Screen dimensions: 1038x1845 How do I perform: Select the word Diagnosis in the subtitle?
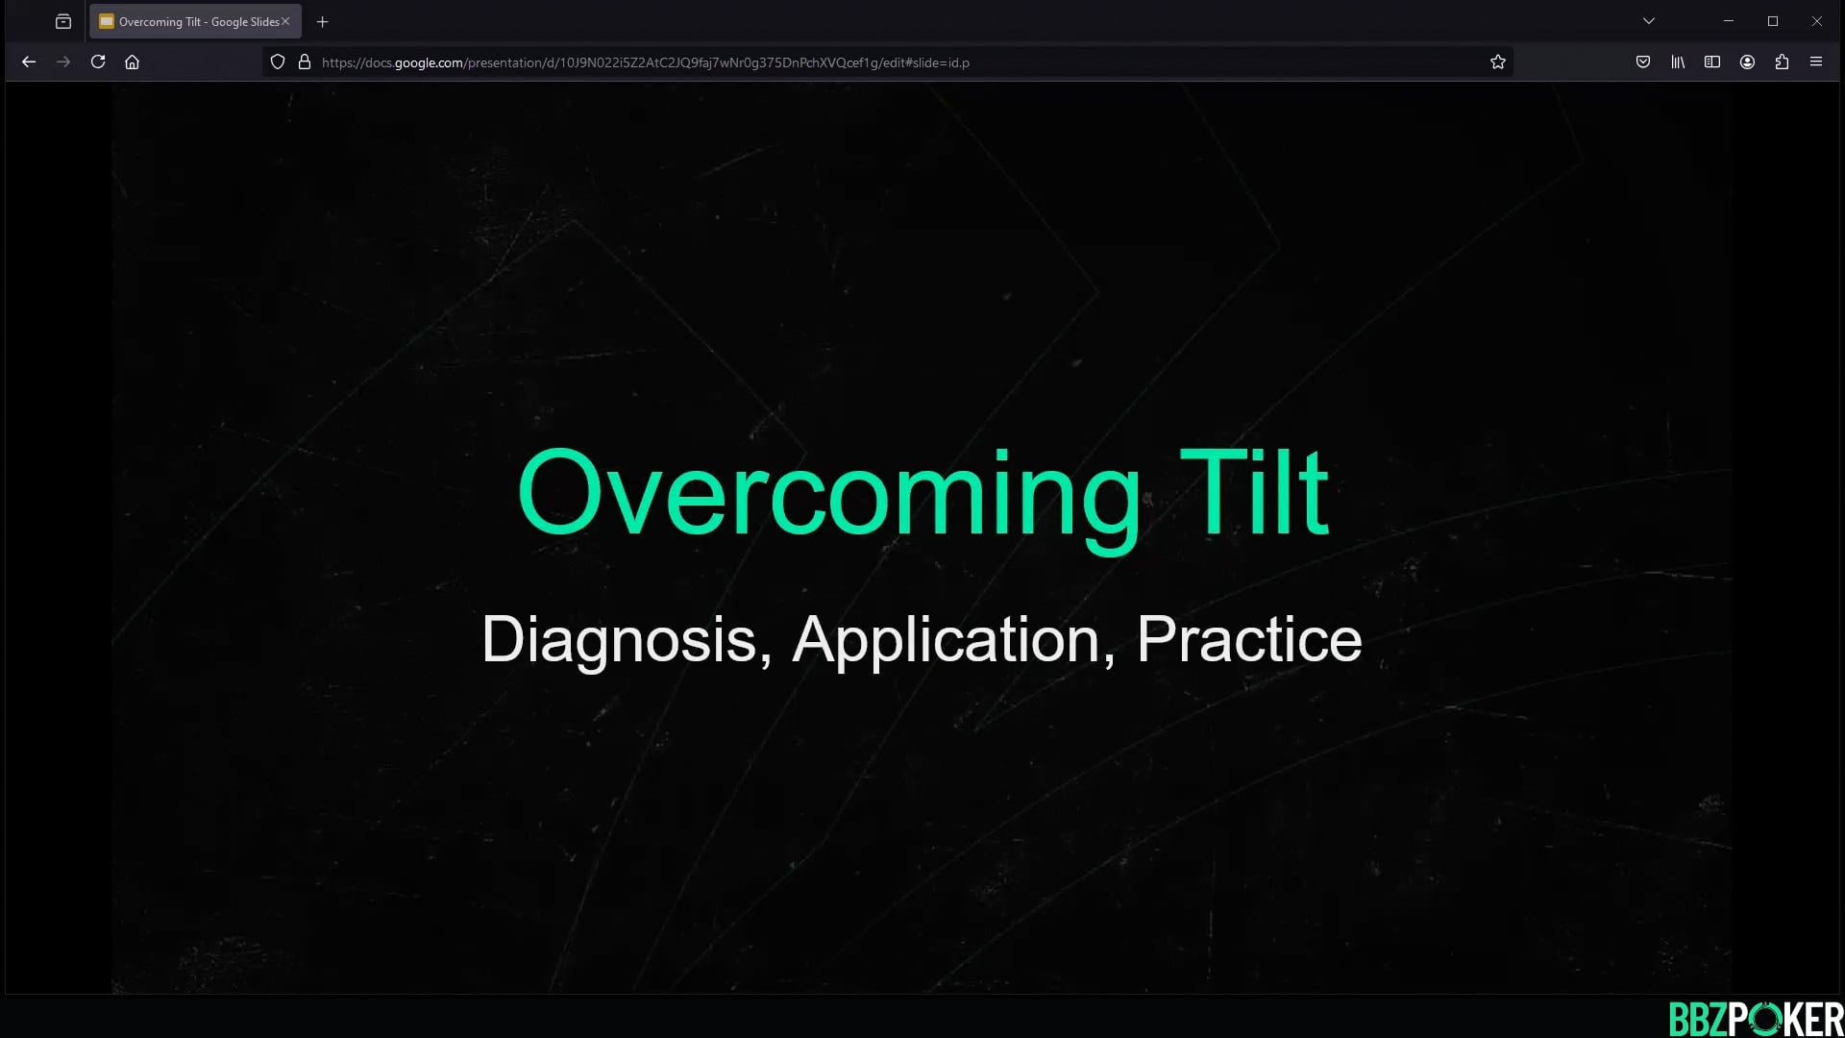[619, 639]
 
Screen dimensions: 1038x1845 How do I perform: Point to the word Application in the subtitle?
[946, 639]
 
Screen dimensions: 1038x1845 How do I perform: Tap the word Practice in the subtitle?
[1249, 639]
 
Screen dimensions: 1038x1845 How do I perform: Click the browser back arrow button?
[29, 62]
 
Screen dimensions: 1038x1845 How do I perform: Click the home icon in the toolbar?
[133, 62]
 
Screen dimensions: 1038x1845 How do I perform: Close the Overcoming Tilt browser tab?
[285, 21]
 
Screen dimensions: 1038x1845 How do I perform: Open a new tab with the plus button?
[323, 21]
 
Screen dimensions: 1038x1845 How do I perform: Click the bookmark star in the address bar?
[1497, 62]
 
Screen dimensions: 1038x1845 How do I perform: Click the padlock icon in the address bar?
[305, 62]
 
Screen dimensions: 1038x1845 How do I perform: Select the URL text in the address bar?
[645, 62]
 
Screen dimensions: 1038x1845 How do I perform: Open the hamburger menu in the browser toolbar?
[1815, 62]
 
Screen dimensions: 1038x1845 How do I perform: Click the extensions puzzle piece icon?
[1782, 62]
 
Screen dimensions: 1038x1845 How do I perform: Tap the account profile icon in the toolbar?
[1747, 62]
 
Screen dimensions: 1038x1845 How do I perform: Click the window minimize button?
[1729, 21]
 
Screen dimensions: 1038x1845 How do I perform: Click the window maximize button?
[1773, 21]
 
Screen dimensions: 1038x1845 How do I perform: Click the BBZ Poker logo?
[1756, 1019]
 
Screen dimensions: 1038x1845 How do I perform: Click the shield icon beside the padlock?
[278, 62]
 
